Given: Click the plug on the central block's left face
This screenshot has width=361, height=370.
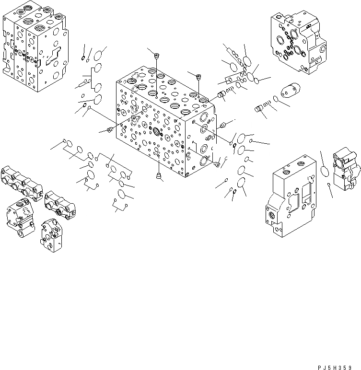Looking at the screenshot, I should coord(109,129).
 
